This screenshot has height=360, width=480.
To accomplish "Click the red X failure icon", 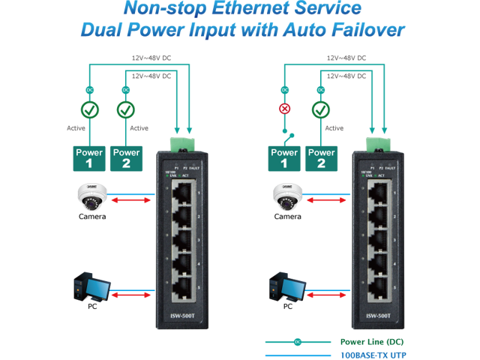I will [285, 109].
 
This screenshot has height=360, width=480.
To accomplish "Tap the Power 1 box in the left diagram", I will [89, 157].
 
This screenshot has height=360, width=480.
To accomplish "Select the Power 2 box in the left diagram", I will [125, 157].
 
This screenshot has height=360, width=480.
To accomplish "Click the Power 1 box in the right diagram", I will [285, 157].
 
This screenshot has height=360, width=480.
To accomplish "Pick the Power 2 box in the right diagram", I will [321, 157].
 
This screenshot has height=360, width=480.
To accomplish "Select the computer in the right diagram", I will [288, 289].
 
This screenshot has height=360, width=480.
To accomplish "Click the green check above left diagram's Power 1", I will [89, 109].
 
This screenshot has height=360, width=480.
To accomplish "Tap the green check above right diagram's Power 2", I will [321, 109].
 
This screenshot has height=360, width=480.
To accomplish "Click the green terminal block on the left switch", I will [180, 142].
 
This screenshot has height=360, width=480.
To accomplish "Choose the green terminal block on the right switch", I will [376, 142].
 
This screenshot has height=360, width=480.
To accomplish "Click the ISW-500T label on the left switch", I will [180, 316].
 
